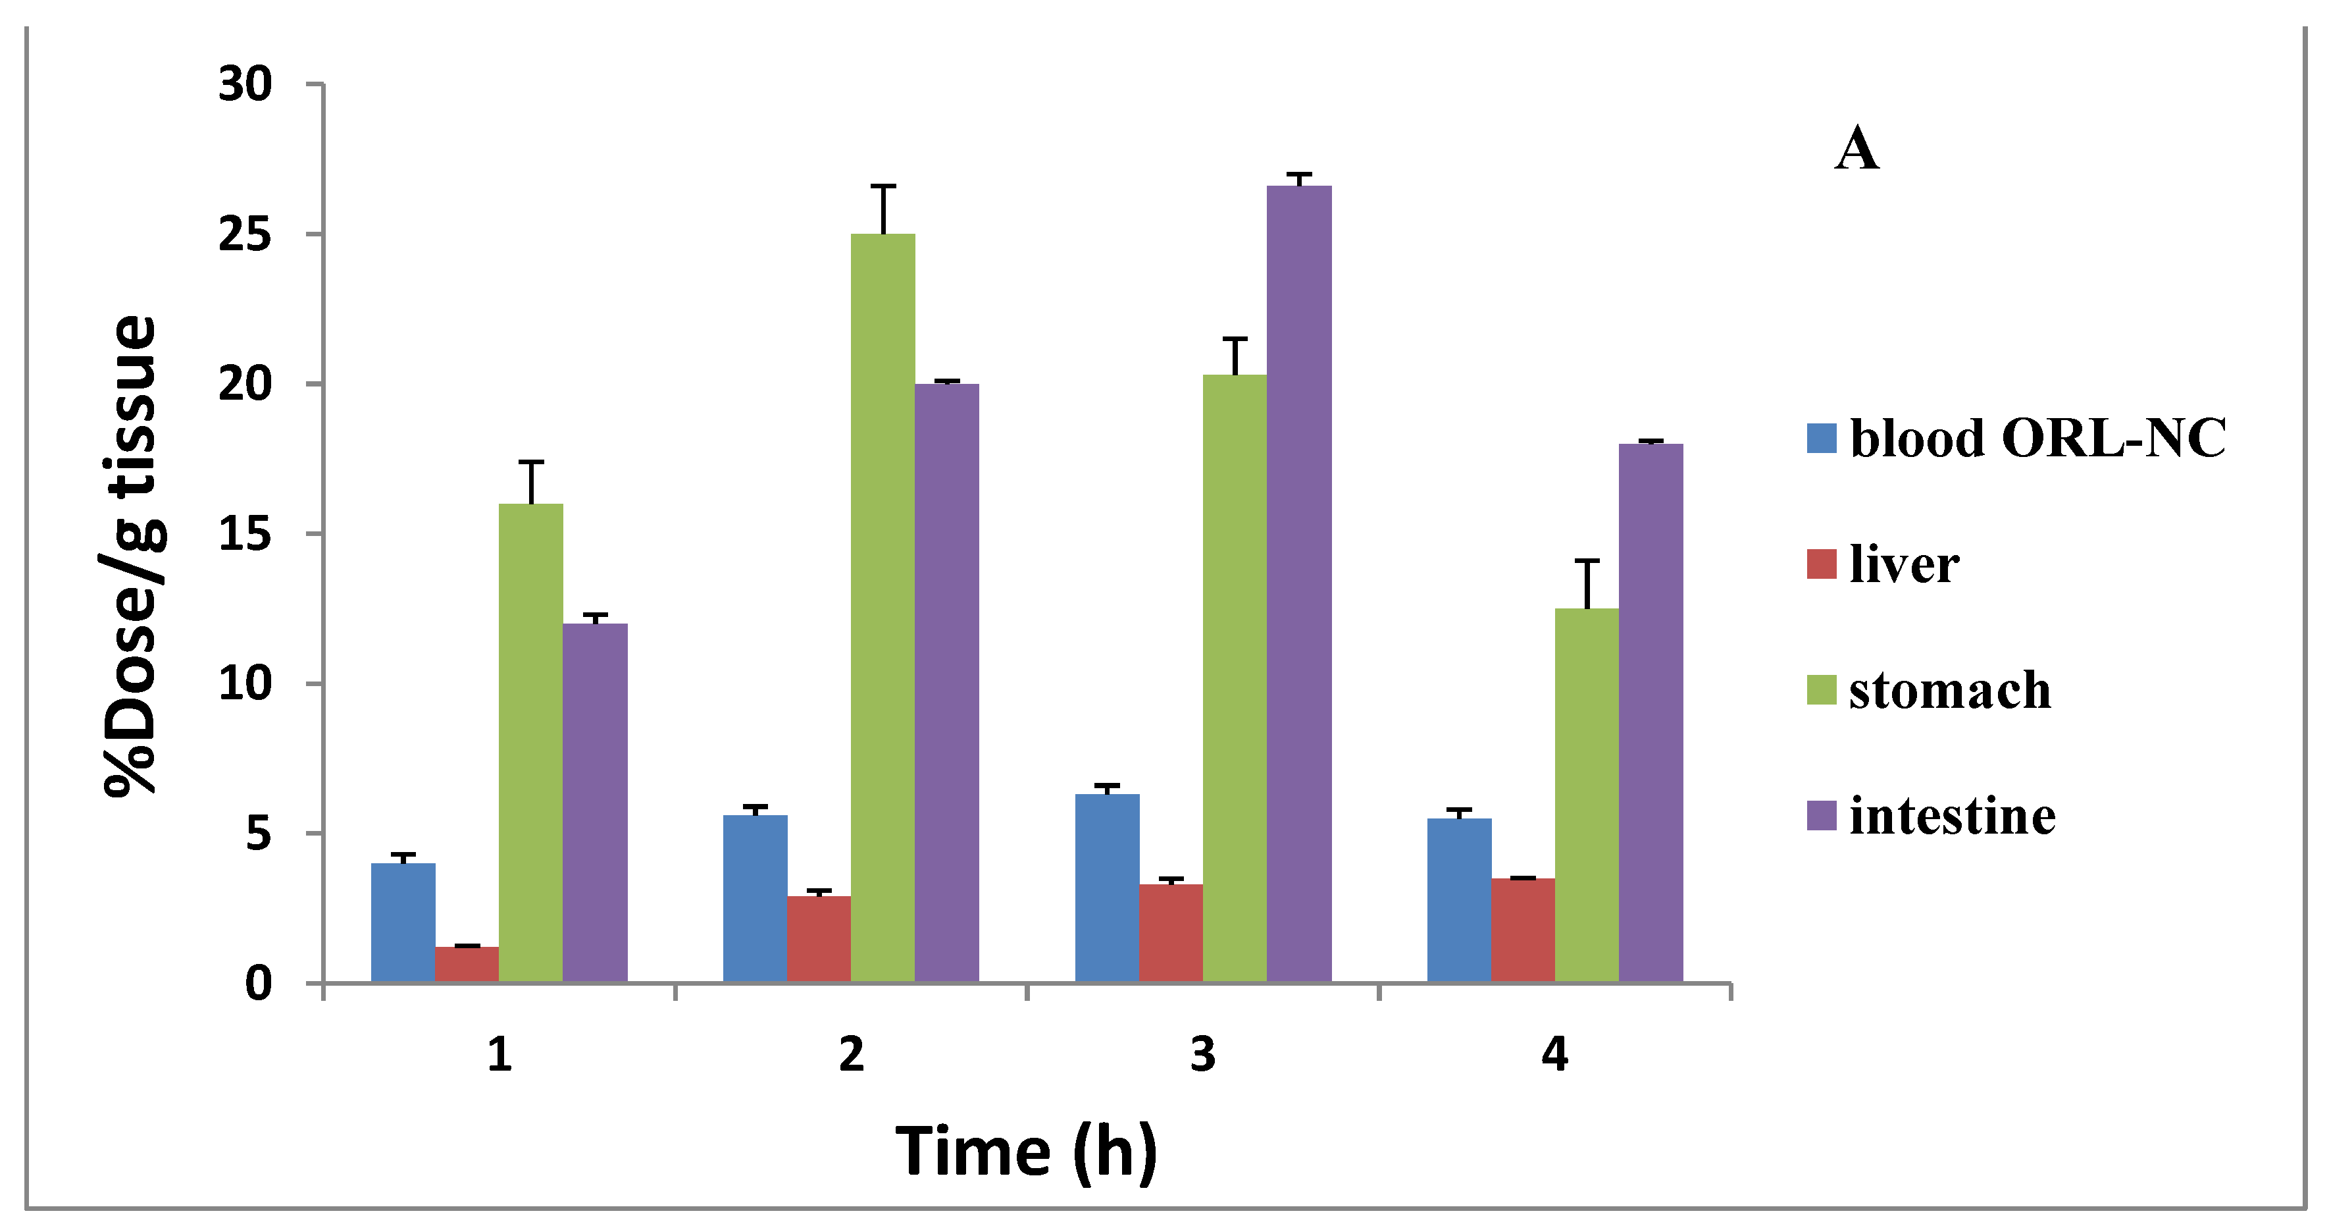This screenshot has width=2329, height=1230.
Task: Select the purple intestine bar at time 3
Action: point(1298,583)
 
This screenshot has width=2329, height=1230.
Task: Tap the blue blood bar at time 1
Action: point(403,922)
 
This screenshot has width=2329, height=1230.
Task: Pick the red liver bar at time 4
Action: point(1523,930)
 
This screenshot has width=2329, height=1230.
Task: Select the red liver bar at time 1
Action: point(467,964)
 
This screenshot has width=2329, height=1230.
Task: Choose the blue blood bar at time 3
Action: point(1107,887)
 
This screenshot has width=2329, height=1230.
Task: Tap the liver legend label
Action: point(1904,564)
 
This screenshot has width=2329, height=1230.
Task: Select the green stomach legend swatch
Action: point(1821,690)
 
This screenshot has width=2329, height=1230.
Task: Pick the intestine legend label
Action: point(1952,816)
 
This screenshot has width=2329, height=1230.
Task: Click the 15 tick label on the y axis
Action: point(245,533)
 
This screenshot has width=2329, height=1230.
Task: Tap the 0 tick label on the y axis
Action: point(258,983)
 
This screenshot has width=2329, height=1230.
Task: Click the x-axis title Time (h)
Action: point(1026,1152)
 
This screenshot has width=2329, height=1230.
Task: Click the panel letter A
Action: point(1856,149)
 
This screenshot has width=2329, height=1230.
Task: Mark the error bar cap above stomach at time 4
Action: point(1587,562)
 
